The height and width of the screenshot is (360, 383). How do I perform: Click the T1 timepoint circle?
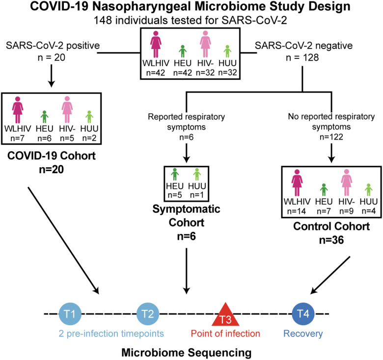click(x=70, y=314)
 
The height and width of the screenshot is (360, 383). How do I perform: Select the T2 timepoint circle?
click(x=147, y=314)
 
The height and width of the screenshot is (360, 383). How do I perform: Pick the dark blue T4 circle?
click(x=303, y=314)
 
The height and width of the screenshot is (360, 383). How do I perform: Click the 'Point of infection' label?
click(x=225, y=334)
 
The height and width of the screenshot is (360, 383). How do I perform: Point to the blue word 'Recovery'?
click(x=303, y=334)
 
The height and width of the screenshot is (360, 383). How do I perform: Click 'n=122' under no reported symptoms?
click(x=331, y=137)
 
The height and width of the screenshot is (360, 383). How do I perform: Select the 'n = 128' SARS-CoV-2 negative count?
click(x=302, y=57)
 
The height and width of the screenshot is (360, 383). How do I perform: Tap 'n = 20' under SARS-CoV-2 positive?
click(x=51, y=57)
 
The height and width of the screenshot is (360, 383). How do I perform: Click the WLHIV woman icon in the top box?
click(x=156, y=44)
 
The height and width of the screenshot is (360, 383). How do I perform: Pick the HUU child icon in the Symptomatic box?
click(x=197, y=175)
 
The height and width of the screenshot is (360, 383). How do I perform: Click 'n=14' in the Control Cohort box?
click(x=296, y=211)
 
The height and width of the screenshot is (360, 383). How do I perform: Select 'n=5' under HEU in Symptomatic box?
click(x=175, y=195)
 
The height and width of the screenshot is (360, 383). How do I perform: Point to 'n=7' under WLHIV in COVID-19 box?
click(x=17, y=138)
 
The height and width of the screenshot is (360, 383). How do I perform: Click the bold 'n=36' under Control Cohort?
click(x=331, y=240)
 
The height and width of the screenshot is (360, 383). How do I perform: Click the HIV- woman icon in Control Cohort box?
click(x=346, y=182)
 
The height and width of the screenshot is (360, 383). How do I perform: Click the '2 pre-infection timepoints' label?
click(x=111, y=334)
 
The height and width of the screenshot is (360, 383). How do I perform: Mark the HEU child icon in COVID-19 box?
click(x=44, y=117)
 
